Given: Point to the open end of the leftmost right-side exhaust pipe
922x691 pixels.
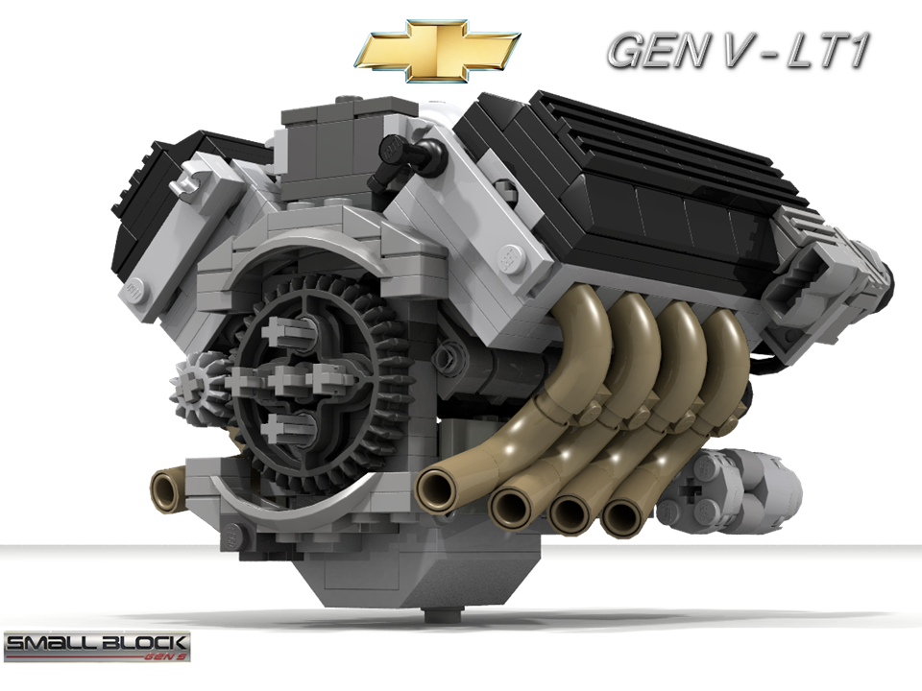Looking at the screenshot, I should pos(441,489).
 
